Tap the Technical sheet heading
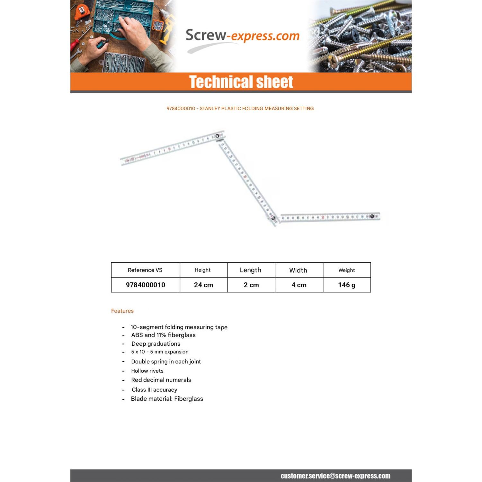241,82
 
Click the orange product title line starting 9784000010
240,109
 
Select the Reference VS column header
145,270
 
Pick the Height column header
202,270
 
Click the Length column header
250,270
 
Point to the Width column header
298,270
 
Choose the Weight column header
346,270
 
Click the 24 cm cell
203,285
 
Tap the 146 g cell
346,285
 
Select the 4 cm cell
299,285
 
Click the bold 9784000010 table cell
145,285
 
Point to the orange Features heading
122,311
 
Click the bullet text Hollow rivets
147,371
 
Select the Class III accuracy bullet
154,390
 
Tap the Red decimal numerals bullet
161,380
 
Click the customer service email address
335,476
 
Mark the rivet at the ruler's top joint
218,136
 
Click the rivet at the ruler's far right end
372,216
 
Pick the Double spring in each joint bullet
166,362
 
